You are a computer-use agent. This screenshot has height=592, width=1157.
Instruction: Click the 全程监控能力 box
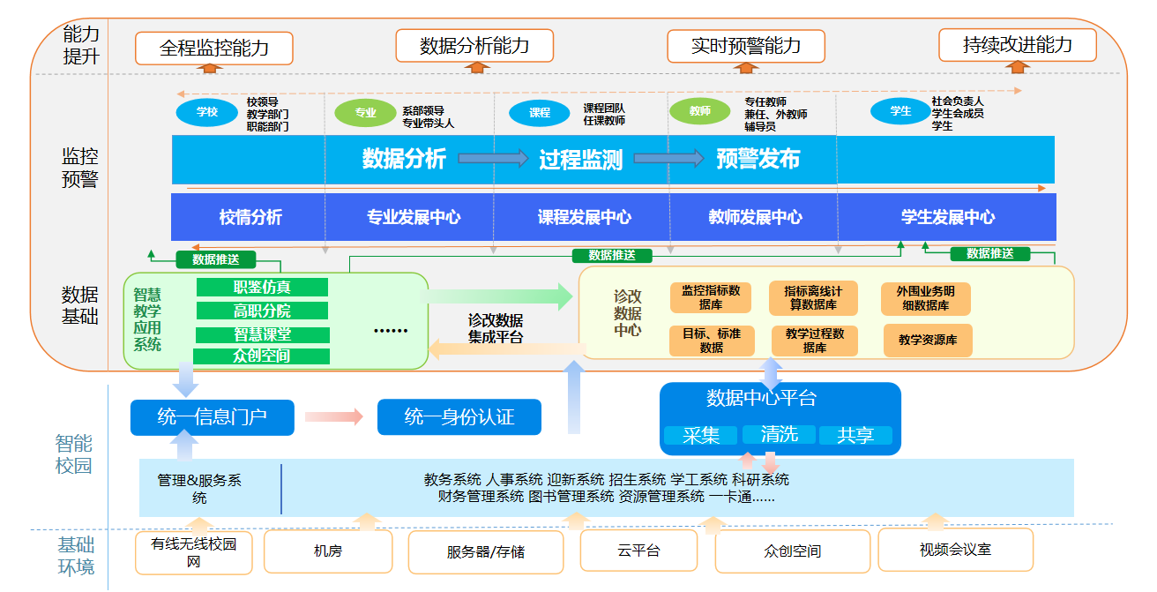[x=213, y=48]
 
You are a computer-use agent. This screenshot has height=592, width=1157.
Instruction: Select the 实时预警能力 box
[x=745, y=46]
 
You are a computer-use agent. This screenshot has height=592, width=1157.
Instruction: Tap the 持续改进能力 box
[x=1017, y=45]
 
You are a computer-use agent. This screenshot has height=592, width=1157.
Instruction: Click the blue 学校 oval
[x=207, y=112]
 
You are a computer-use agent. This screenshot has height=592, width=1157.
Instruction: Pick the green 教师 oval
[x=700, y=111]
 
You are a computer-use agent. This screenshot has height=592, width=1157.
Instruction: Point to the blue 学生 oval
[x=900, y=111]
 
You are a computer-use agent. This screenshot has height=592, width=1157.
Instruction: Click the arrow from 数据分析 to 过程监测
[x=492, y=159]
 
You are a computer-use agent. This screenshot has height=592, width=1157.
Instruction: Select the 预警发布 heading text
[x=758, y=159]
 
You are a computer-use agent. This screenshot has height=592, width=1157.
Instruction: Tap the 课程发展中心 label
[x=584, y=217]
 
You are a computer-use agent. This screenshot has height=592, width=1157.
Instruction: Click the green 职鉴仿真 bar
[x=262, y=287]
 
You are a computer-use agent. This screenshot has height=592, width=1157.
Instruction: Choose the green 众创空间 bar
[x=261, y=356]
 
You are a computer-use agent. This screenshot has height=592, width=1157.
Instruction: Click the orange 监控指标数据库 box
[x=710, y=297]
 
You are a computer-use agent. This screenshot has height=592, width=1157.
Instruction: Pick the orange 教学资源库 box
[x=928, y=340]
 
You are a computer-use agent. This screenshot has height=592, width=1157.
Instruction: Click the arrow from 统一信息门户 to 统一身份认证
[x=334, y=417]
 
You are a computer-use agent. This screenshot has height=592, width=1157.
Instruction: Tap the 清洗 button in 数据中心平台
[x=779, y=434]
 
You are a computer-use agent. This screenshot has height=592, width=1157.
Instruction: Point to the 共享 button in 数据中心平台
[x=855, y=435]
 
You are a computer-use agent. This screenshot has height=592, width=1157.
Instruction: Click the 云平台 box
[x=638, y=551]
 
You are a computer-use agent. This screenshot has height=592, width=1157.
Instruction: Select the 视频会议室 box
[x=955, y=550]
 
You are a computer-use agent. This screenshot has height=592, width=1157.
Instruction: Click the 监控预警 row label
[x=79, y=168]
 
